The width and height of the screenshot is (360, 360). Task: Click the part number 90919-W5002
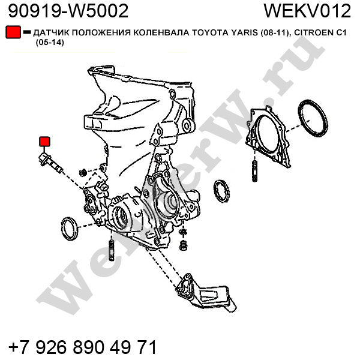pyautogui.click(x=68, y=11)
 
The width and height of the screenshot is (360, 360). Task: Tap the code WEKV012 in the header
pyautogui.click(x=307, y=11)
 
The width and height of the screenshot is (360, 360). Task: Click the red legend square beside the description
pyautogui.click(x=13, y=32)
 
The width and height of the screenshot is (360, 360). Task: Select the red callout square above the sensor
pyautogui.click(x=44, y=142)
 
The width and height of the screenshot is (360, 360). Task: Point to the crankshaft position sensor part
pyautogui.click(x=51, y=163)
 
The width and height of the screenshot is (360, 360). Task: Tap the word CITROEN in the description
pyautogui.click(x=314, y=33)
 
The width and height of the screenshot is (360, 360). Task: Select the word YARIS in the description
pyautogui.click(x=244, y=33)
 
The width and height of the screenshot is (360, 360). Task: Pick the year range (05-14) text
pyautogui.click(x=50, y=43)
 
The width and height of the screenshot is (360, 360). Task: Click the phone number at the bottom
pyautogui.click(x=83, y=347)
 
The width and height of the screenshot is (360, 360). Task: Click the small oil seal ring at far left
pyautogui.click(x=70, y=229)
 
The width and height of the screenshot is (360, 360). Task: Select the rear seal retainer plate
pyautogui.click(x=268, y=136)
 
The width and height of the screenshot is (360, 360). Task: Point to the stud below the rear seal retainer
pyautogui.click(x=254, y=171)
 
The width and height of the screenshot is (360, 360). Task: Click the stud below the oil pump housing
pyautogui.click(x=111, y=250)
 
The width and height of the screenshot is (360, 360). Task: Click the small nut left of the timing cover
pyautogui.click(x=83, y=172)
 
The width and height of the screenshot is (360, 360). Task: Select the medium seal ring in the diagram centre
pyautogui.click(x=221, y=191)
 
